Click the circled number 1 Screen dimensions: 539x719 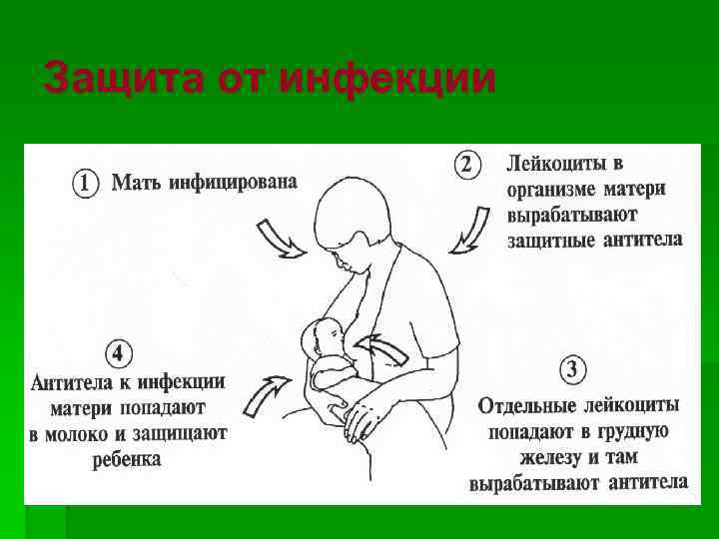point(87,184)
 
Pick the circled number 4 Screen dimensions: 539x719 point(118,353)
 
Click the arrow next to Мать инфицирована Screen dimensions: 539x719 point(282,240)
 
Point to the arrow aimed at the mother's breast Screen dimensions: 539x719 point(385,351)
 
